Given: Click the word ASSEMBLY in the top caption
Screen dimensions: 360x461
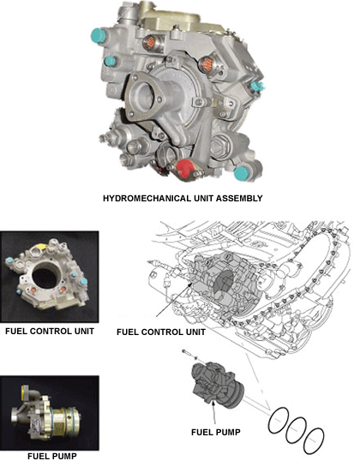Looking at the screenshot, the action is click(239, 198).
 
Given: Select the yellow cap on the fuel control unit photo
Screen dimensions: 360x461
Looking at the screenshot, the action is click(40, 246).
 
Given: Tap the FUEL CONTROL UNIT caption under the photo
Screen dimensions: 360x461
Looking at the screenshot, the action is click(50, 331).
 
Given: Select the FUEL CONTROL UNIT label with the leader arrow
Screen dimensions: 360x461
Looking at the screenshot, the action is click(161, 332).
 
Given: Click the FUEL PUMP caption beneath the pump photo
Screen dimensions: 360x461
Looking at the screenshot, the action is click(52, 456).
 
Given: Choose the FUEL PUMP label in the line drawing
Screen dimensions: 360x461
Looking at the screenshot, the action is click(216, 432).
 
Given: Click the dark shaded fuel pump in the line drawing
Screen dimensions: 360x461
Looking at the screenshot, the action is click(218, 385).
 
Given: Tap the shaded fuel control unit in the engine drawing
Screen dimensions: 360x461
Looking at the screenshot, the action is click(224, 282).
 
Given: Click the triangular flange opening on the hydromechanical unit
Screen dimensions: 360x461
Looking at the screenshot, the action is click(145, 96).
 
